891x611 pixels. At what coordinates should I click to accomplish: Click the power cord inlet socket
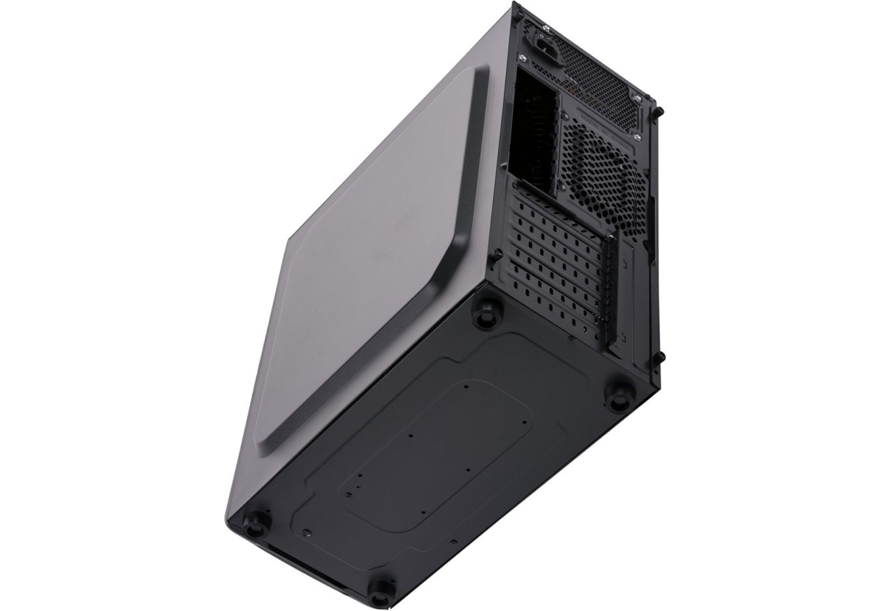coord(546,46)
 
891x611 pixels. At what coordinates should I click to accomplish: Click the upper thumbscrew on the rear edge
coord(659,112)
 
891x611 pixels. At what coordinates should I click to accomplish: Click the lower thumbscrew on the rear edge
coord(661,357)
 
